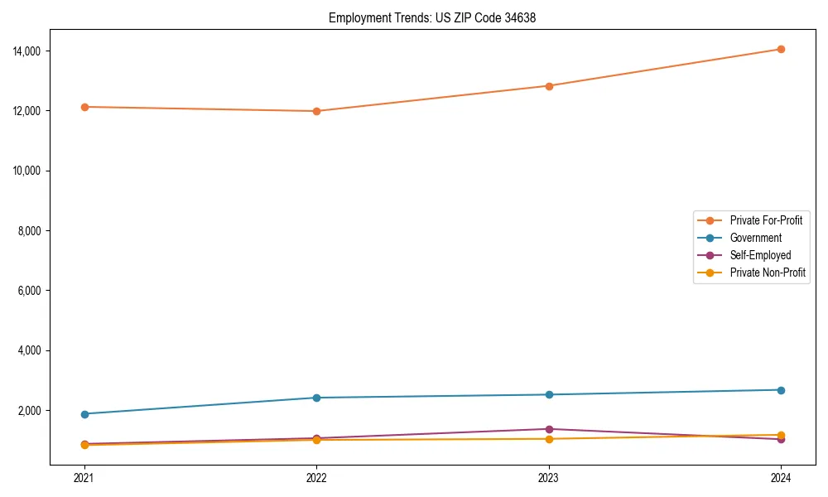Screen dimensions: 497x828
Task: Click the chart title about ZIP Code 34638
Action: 432,17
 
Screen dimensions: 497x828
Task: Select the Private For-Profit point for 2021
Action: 84,107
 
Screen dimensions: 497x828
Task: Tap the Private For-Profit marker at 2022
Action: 316,111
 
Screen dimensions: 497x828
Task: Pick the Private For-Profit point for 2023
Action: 549,86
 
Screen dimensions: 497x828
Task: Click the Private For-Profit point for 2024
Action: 781,49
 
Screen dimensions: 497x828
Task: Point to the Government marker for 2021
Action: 84,414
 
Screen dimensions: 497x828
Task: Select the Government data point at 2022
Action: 316,398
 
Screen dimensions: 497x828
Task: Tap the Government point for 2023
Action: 549,394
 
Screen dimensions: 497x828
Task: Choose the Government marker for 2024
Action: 781,390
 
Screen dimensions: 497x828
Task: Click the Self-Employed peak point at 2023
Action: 549,429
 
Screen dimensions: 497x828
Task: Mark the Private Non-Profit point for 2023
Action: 549,438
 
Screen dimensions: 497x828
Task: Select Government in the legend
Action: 755,238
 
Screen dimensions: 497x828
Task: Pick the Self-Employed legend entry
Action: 760,255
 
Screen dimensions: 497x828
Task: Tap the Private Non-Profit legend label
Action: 768,273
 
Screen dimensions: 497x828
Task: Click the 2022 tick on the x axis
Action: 316,477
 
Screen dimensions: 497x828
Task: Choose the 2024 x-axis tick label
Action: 781,477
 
